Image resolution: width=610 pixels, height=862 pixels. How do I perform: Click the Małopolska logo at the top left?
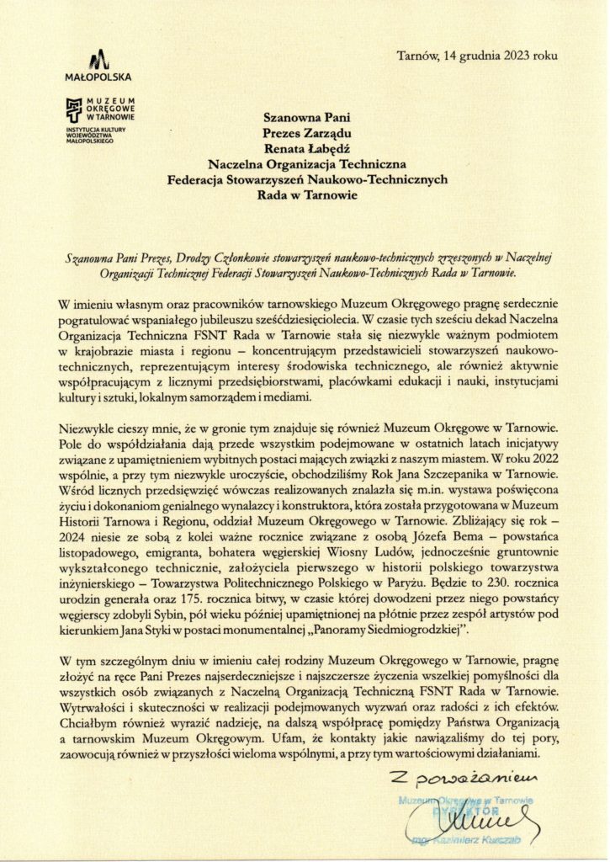click(x=99, y=65)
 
